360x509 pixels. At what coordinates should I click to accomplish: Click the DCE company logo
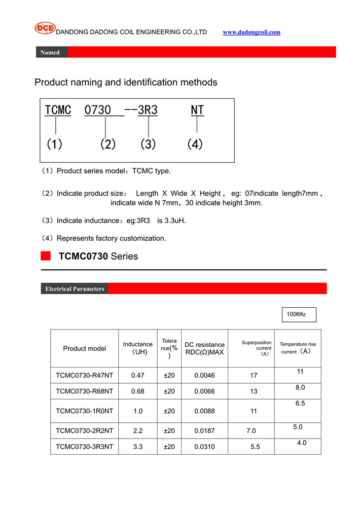(x=45, y=28)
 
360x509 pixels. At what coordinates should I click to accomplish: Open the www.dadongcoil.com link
(x=251, y=32)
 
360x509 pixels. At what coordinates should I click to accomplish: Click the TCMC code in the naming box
(x=58, y=110)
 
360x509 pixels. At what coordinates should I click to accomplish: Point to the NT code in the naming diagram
(x=197, y=110)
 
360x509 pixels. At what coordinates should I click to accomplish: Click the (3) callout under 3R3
(x=148, y=144)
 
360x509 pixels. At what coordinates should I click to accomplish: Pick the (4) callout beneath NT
(x=195, y=144)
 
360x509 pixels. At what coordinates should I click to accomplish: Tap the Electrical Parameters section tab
(x=75, y=289)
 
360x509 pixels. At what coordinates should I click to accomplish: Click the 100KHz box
(x=299, y=314)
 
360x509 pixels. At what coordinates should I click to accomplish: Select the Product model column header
(x=85, y=348)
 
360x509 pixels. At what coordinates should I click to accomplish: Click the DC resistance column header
(x=204, y=348)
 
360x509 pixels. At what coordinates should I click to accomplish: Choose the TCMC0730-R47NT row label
(x=85, y=376)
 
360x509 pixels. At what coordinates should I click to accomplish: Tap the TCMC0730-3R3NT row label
(x=85, y=447)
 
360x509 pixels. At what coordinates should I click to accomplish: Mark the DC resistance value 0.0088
(x=204, y=411)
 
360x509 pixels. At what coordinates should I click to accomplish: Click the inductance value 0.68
(x=138, y=391)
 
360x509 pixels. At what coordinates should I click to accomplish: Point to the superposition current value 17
(x=254, y=376)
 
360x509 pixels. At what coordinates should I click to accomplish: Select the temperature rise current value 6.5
(x=300, y=404)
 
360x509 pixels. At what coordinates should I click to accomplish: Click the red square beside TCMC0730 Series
(x=46, y=256)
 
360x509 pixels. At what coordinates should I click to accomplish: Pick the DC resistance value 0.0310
(x=204, y=447)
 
